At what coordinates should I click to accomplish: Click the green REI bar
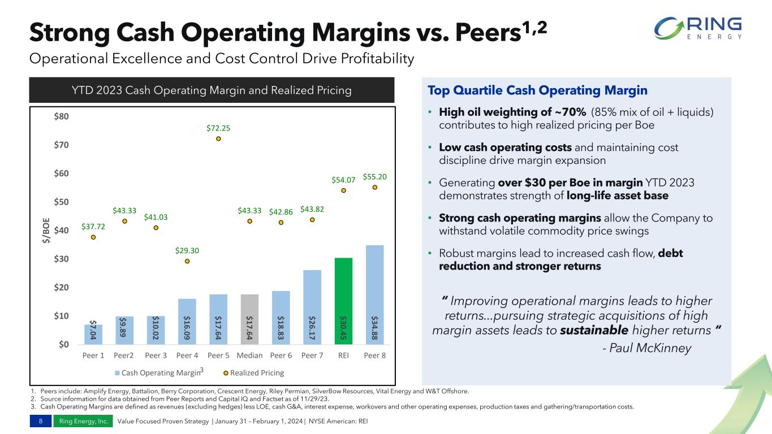pos(343,301)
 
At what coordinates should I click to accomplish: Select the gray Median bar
pos(249,319)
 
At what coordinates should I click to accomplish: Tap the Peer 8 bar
pos(374,294)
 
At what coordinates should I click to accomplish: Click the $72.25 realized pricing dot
pos(218,138)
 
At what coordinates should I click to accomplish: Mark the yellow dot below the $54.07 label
pos(343,190)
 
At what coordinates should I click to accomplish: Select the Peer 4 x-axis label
pos(187,356)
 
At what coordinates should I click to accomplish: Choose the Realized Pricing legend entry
pos(256,373)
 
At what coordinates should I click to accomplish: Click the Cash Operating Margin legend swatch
pos(118,373)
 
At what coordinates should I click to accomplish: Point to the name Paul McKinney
pos(647,348)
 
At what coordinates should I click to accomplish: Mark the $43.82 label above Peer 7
pos(312,210)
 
